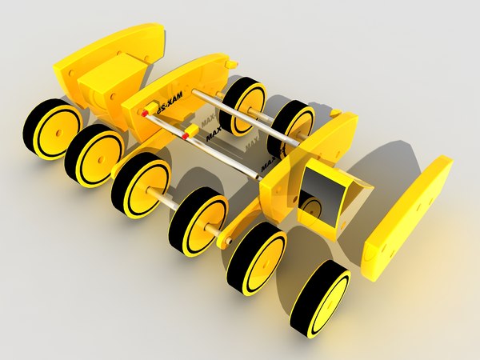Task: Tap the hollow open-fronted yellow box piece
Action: [x=330, y=196]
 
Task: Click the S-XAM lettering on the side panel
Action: [x=169, y=102]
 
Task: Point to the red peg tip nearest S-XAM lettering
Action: [x=144, y=114]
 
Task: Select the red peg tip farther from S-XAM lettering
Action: [x=185, y=138]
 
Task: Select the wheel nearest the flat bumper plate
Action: [x=320, y=298]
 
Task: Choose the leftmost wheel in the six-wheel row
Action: [x=52, y=129]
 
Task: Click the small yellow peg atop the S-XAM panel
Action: [x=230, y=62]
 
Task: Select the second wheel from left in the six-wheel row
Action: [x=94, y=154]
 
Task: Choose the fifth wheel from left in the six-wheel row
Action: [x=256, y=258]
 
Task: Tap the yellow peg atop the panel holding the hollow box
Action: [x=336, y=113]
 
